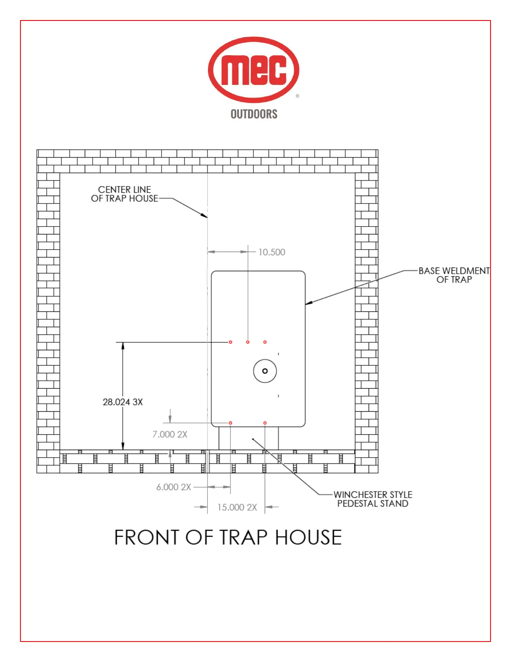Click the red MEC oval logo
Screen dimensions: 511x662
point(253,69)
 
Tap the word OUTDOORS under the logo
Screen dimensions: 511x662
point(254,114)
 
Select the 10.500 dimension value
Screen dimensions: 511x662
point(272,252)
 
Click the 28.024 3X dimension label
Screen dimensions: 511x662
point(123,402)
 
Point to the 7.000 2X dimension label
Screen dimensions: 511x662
point(170,434)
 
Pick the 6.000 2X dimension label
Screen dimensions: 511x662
point(174,487)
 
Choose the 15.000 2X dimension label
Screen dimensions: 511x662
point(237,507)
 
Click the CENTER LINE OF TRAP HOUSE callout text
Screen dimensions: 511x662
point(125,194)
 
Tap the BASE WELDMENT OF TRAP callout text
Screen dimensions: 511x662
point(454,275)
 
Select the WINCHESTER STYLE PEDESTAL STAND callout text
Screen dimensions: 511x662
point(373,499)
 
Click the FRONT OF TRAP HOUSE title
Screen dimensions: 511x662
point(228,537)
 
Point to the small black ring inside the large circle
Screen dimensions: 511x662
point(265,371)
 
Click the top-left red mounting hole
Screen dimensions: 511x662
point(230,342)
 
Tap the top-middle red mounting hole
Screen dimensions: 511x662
point(248,342)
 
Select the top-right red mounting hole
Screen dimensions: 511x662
point(265,342)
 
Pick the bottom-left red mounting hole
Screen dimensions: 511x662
point(230,423)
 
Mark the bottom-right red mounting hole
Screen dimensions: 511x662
point(265,423)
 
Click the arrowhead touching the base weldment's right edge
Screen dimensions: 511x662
point(309,303)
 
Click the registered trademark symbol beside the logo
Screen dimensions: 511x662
point(297,96)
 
